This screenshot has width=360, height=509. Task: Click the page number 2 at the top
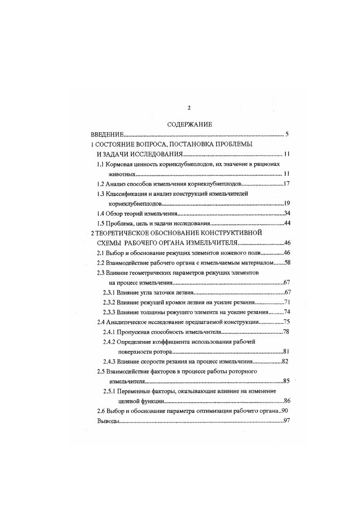tap(189, 108)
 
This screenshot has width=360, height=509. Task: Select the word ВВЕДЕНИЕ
tap(107, 134)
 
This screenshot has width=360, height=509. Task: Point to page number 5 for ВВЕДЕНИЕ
tap(287, 134)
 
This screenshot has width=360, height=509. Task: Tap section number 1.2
tap(101, 184)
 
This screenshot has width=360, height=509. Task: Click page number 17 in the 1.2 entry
tap(286, 184)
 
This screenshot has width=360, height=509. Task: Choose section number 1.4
tap(101, 213)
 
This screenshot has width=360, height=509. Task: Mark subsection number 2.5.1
tap(110, 391)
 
